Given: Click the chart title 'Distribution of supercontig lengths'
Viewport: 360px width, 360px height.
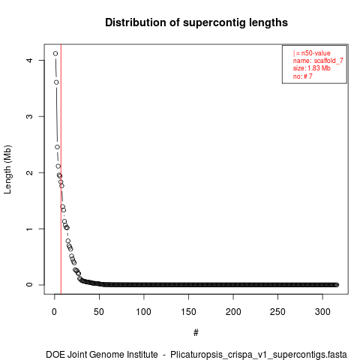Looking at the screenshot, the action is [x=196, y=22].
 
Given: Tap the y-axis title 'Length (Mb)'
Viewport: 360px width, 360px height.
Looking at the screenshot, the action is [x=7, y=169].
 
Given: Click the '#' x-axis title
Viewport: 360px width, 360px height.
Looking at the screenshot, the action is [x=196, y=332].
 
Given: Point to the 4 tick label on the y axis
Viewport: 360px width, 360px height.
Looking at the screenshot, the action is [x=29, y=60].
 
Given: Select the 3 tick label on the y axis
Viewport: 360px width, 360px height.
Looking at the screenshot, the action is [x=29, y=116].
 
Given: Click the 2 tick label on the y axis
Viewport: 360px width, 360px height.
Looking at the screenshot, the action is [x=29, y=172].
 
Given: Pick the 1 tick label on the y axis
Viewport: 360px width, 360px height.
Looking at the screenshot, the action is [x=29, y=229].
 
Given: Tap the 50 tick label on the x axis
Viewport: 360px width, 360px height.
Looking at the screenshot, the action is [x=99, y=312].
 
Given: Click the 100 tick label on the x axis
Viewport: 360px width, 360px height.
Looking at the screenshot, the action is [x=144, y=312].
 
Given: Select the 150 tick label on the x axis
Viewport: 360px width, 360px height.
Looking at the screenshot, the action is [x=188, y=312].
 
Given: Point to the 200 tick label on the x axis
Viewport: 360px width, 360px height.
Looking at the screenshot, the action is [x=233, y=312].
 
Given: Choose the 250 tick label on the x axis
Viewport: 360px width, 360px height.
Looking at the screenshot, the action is [x=277, y=312].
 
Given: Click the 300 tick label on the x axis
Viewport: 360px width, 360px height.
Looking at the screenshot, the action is [x=322, y=312].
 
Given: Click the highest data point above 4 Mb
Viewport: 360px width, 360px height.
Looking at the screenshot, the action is [x=55, y=53].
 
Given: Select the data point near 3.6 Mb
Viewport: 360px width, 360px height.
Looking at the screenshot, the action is [x=56, y=82].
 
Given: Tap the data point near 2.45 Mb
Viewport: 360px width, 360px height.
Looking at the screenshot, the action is [x=57, y=147].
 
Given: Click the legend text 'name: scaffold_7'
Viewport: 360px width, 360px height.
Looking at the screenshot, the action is [x=318, y=61].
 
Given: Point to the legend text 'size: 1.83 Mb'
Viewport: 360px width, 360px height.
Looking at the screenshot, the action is [x=312, y=68].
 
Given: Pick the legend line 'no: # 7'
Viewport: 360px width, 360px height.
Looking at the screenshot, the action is [x=303, y=76].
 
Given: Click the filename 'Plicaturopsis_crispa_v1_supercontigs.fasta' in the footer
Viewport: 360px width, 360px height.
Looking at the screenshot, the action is [x=259, y=355].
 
